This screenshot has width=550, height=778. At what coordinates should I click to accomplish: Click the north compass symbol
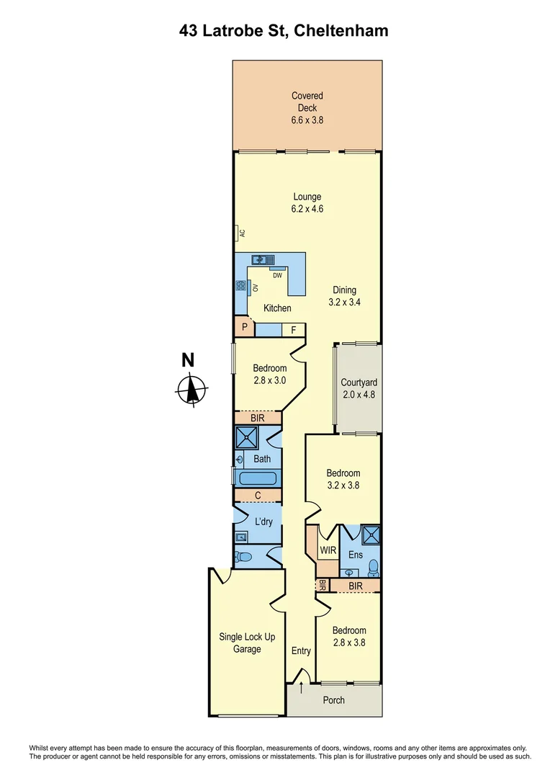[x=191, y=389]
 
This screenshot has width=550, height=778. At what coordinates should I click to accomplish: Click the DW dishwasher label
[x=276, y=275]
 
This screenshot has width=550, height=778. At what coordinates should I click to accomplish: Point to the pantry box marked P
[x=245, y=328]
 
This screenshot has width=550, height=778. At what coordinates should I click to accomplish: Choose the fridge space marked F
[x=294, y=330]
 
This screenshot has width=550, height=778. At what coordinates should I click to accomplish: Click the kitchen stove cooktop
[x=240, y=287]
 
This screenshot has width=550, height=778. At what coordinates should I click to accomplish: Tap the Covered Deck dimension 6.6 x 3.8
[x=307, y=120]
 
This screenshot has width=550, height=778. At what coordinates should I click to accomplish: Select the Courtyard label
[x=359, y=383]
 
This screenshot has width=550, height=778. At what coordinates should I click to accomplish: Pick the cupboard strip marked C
[x=258, y=496]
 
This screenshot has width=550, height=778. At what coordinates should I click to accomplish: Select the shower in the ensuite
[x=372, y=535]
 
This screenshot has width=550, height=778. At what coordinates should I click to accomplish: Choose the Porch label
[x=333, y=700]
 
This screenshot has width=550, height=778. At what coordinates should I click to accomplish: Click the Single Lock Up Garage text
[x=240, y=643]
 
